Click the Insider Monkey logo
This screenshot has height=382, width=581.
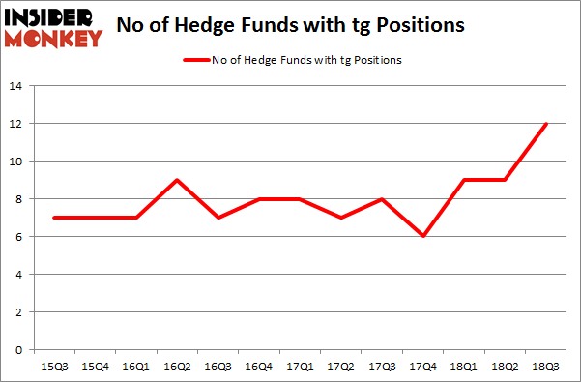[x=56, y=26]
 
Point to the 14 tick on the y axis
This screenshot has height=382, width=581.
[x=15, y=86]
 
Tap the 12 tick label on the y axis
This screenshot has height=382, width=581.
[x=15, y=124]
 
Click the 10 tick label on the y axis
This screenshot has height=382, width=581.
[x=15, y=162]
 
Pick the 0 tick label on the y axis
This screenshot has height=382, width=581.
[x=18, y=350]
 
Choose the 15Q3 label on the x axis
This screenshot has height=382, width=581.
[x=54, y=367]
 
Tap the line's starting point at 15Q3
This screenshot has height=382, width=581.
[x=55, y=218]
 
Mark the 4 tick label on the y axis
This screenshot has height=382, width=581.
[x=18, y=275]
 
